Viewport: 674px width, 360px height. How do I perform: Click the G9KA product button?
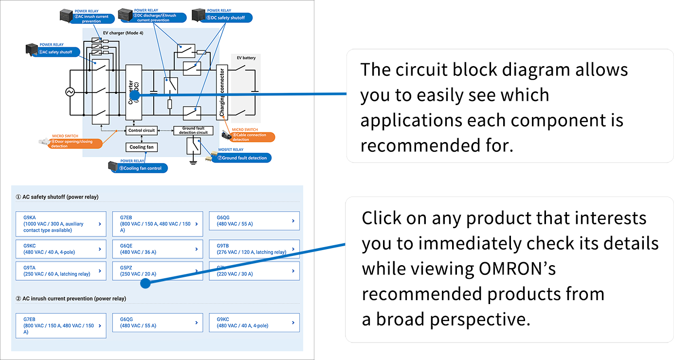pyautogui.click(x=61, y=224)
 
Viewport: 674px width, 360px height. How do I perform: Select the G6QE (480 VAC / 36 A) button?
pyautogui.click(x=157, y=249)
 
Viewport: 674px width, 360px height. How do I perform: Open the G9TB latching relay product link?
pyautogui.click(x=254, y=249)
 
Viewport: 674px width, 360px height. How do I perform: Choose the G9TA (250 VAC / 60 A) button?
pyautogui.click(x=61, y=271)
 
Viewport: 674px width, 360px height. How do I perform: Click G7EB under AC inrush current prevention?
pyautogui.click(x=61, y=325)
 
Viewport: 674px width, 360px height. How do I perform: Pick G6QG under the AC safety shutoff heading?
pyautogui.click(x=254, y=221)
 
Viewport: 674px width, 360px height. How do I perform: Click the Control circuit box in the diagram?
pyautogui.click(x=142, y=130)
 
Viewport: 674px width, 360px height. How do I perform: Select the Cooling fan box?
pyautogui.click(x=142, y=147)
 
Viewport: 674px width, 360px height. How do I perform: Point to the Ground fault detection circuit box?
pyautogui.click(x=193, y=130)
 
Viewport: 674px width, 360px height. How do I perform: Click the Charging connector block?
pyautogui.click(x=222, y=92)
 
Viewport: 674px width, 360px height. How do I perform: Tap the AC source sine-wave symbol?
pyautogui.click(x=70, y=92)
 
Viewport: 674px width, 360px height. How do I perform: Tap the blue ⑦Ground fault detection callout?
pyautogui.click(x=244, y=158)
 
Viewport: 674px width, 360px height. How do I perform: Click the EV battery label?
pyautogui.click(x=246, y=58)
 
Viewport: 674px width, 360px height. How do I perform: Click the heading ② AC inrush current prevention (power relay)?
pyautogui.click(x=71, y=298)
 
